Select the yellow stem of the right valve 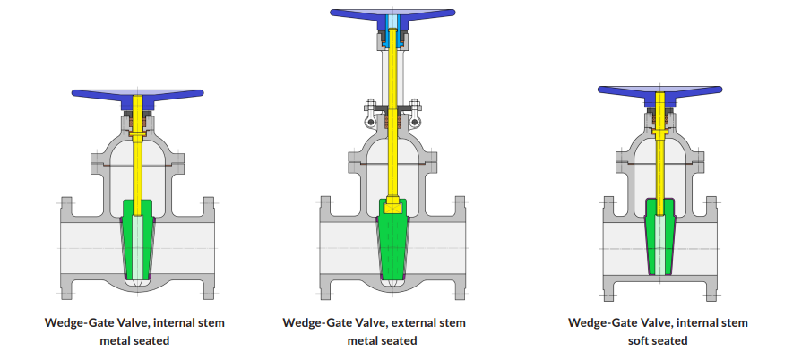click(x=660, y=151)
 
